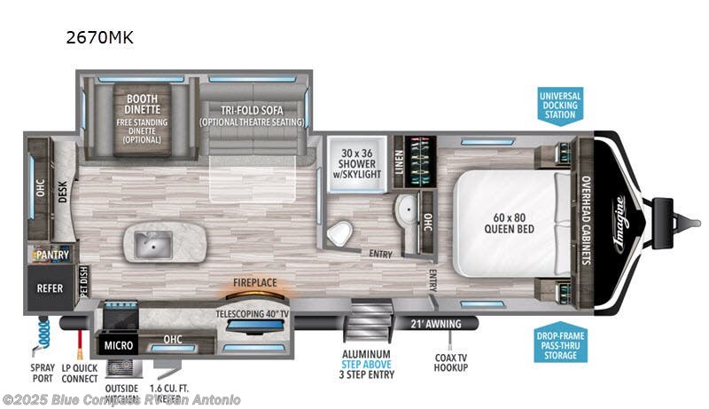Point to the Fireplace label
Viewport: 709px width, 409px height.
click(255, 284)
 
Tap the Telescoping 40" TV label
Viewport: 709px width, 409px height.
click(254, 313)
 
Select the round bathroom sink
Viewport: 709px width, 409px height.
click(405, 210)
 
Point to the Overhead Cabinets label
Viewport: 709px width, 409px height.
click(586, 219)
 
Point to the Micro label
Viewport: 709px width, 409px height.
click(118, 342)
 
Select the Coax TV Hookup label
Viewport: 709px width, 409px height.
click(451, 360)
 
